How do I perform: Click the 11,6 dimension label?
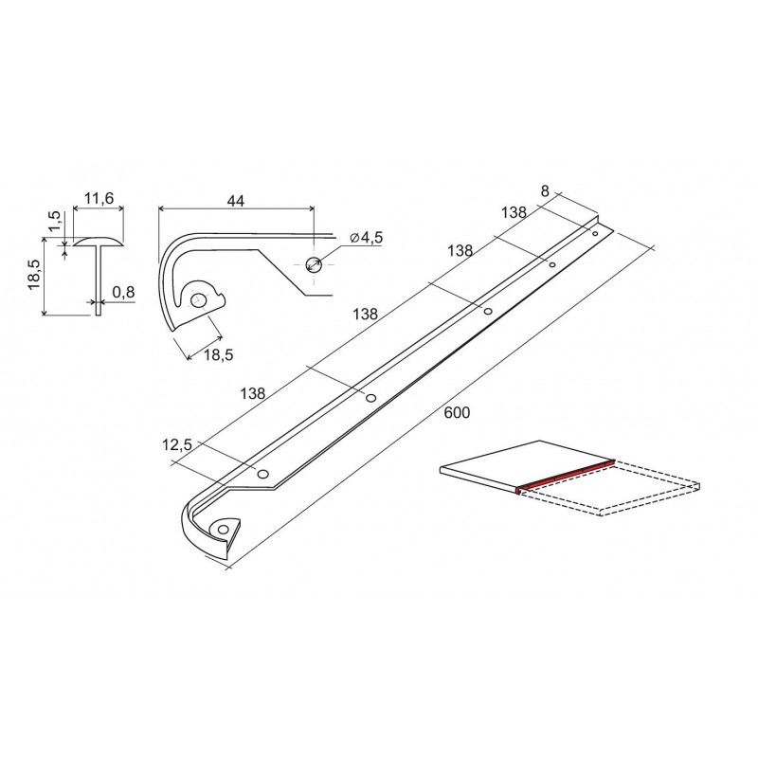pos(99,198)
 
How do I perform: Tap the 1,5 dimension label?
pos(54,221)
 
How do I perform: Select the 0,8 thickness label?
pos(123,293)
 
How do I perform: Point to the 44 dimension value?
pos(236,201)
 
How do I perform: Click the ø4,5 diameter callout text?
pos(366,238)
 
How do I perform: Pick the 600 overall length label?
pos(457,412)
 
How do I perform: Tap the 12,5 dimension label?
pos(177,444)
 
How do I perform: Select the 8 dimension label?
pos(546,191)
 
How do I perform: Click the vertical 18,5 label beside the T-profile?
pos(34,274)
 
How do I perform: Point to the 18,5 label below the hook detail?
pos(219,354)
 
